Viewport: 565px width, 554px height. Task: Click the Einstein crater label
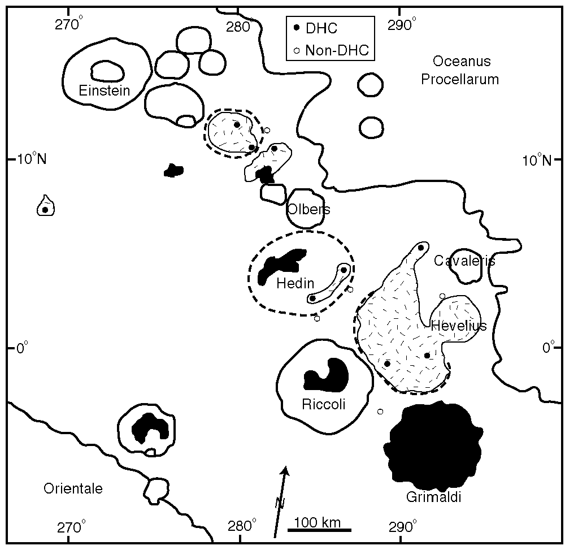(105, 90)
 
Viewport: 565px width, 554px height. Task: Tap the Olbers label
(308, 210)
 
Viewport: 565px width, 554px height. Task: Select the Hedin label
(295, 284)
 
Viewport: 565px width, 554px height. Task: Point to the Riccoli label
(324, 405)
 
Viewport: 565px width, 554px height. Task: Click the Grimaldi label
(433, 498)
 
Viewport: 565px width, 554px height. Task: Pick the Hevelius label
(458, 326)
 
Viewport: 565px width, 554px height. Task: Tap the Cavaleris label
(464, 261)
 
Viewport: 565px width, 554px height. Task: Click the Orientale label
(73, 488)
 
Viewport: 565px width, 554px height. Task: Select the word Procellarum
(460, 79)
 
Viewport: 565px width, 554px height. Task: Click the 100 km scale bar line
(320, 530)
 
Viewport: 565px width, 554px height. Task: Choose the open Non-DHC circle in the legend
(297, 51)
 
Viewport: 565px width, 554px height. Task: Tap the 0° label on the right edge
(549, 348)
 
